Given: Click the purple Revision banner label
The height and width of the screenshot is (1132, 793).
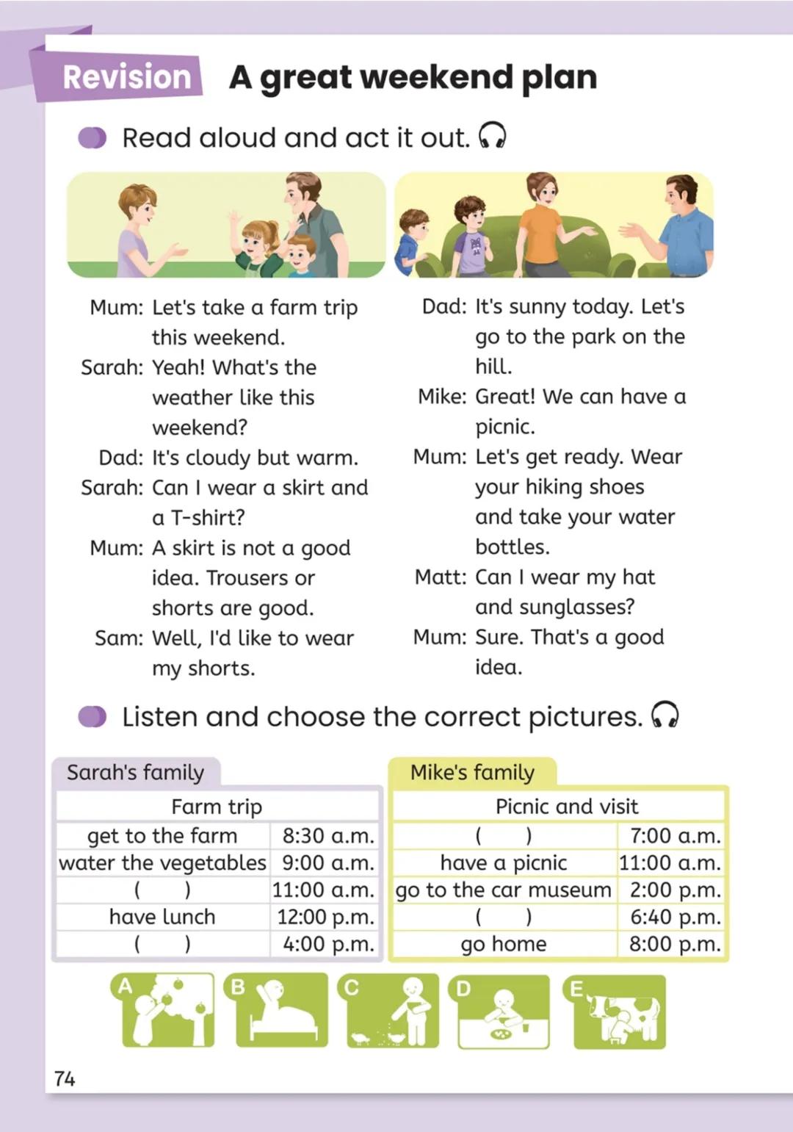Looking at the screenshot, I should (126, 77).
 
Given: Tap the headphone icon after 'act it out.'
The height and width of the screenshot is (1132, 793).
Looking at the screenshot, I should (492, 136).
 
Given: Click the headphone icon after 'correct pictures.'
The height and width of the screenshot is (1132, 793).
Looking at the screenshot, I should (665, 715).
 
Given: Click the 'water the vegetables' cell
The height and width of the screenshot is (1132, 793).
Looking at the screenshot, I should (162, 862).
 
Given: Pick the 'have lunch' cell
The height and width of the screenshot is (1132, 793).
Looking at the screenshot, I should (162, 917).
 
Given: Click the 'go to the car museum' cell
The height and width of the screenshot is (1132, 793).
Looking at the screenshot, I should (504, 890).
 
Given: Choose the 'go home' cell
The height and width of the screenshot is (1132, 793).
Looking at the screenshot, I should (504, 944).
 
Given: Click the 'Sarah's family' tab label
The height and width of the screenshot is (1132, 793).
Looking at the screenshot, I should (135, 773).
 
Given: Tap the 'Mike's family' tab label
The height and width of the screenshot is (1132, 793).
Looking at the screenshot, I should (472, 773).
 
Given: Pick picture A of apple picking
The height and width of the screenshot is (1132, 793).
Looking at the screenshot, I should (163, 1011).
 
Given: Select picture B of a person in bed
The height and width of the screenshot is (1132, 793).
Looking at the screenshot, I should (281, 1011).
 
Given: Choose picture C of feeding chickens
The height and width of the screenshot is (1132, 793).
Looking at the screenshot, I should (388, 1011).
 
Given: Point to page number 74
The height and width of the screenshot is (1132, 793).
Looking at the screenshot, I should (65, 1078).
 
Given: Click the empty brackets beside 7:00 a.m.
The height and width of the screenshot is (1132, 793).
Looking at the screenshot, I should (504, 836).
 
